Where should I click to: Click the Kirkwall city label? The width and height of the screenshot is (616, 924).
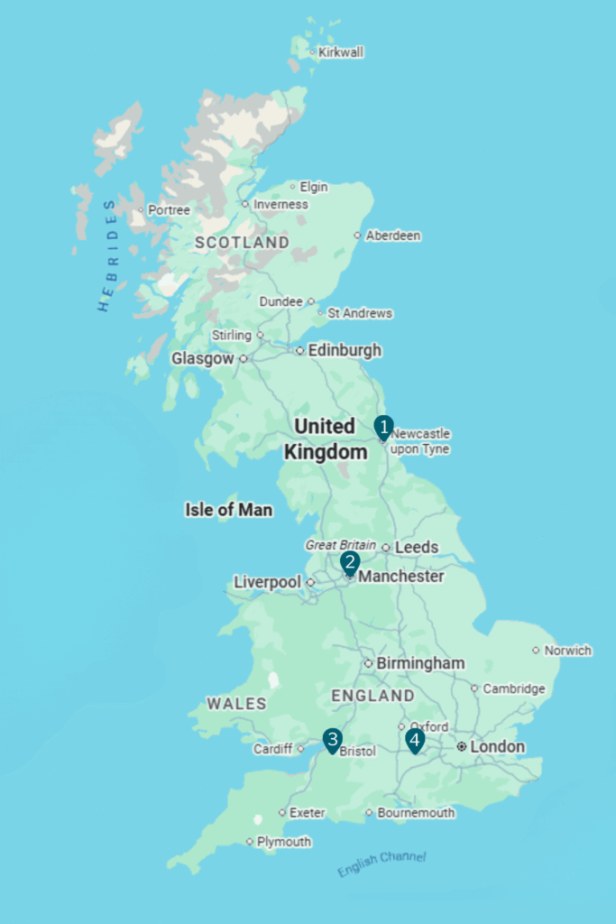tap(340, 52)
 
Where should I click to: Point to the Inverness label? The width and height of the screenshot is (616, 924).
tap(280, 204)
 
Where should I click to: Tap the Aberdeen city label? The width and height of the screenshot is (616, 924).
tap(392, 236)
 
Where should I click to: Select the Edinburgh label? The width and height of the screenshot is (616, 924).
tap(345, 350)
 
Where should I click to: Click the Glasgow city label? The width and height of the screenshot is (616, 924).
tap(203, 358)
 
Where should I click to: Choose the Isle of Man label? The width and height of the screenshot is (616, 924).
tap(228, 510)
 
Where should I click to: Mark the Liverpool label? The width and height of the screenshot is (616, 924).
tap(267, 582)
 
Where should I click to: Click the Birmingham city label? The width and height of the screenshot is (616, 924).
tap(420, 663)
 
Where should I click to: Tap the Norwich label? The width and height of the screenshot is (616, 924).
tap(568, 651)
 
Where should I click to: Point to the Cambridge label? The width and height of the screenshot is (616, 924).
tap(514, 688)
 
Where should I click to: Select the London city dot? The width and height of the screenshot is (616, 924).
tap(461, 747)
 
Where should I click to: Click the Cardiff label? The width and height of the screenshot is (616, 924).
tap(272, 749)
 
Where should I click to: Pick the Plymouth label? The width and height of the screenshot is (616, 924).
tap(284, 842)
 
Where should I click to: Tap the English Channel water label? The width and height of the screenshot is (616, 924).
tap(382, 864)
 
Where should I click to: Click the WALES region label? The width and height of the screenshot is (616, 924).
tap(236, 703)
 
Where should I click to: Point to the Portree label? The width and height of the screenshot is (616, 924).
tap(169, 210)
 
